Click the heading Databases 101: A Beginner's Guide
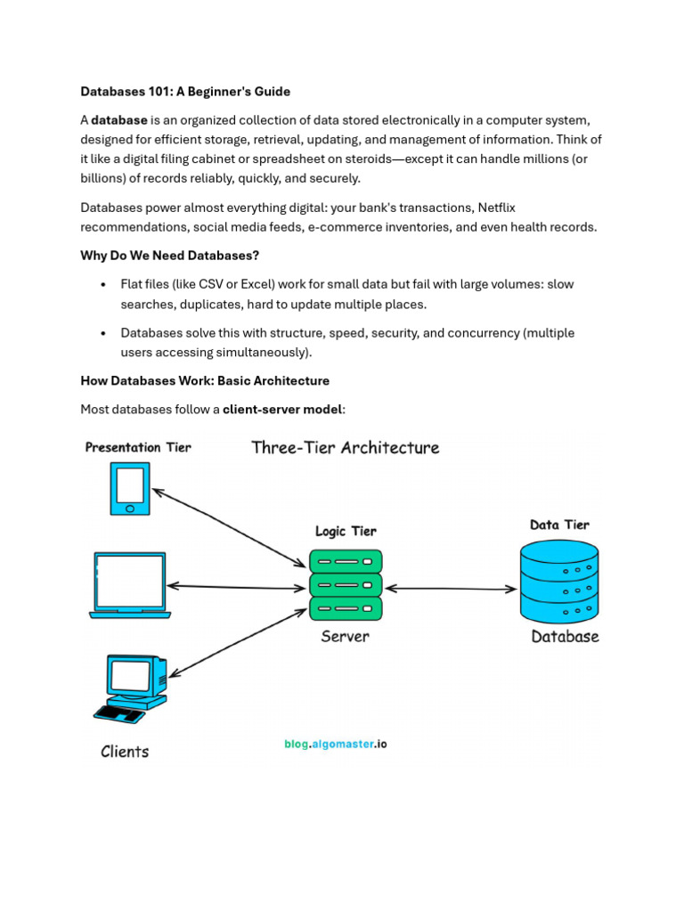click(185, 92)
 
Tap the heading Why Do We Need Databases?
click(169, 256)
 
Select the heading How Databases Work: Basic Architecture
click(205, 381)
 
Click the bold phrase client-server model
click(282, 410)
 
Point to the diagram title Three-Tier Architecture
click(346, 447)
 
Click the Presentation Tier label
click(138, 447)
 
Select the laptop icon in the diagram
click(130, 585)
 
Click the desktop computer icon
click(132, 687)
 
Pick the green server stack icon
click(346, 584)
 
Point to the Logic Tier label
click(346, 531)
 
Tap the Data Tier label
click(559, 525)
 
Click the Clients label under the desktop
click(125, 752)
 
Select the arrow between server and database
click(451, 588)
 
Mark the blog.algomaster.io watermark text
click(336, 744)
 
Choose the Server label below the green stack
click(345, 637)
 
